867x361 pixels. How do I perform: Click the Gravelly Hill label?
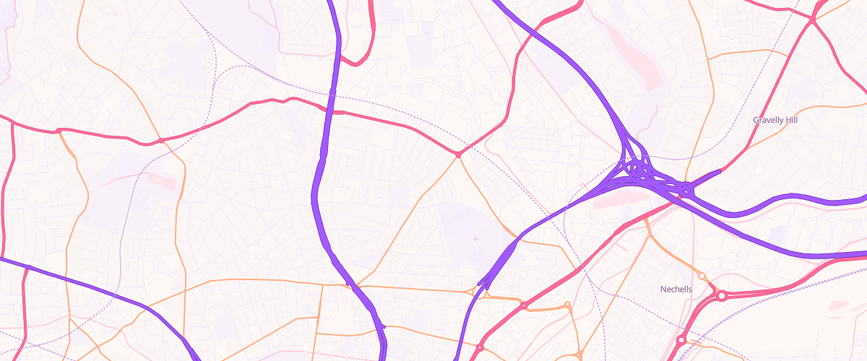pyautogui.click(x=775, y=120)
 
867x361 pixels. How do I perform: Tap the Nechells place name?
pyautogui.click(x=676, y=290)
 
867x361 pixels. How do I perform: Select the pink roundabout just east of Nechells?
pyautogui.click(x=721, y=295)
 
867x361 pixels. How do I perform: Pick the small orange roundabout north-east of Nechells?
pyautogui.click(x=701, y=277)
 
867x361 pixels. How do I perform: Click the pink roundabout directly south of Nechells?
pyautogui.click(x=681, y=339)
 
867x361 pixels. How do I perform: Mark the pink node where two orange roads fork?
pyautogui.click(x=458, y=154)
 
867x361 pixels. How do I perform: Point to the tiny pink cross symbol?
pyautogui.click(x=475, y=238)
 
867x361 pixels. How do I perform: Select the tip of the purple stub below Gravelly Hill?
pyautogui.click(x=720, y=171)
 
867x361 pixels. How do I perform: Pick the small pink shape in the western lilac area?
pyautogui.click(x=163, y=180)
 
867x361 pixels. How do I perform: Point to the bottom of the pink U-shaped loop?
pyautogui.click(x=355, y=64)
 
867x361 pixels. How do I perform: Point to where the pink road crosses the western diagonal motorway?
pyautogui.click(x=27, y=267)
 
